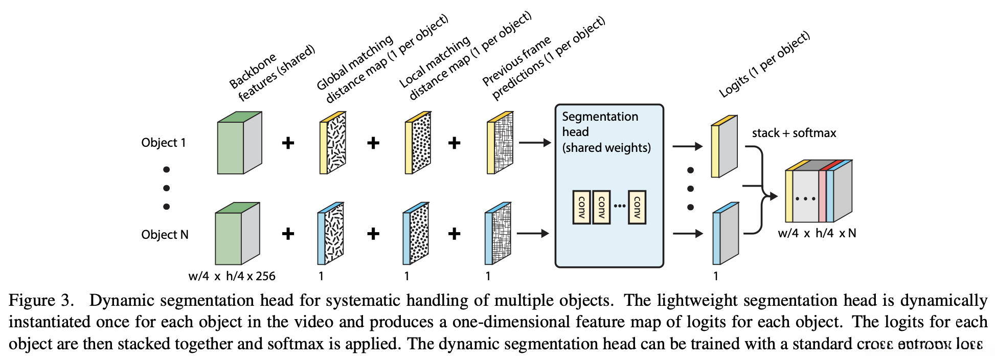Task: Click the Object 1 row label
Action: tap(163, 143)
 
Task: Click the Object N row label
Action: tap(165, 235)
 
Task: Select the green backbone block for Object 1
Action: tap(239, 144)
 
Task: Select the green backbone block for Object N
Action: tap(237, 234)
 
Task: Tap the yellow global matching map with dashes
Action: tap(333, 143)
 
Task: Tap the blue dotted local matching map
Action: tap(416, 234)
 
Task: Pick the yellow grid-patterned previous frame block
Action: tap(500, 143)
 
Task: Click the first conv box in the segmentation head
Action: tap(581, 207)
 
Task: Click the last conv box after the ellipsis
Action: tap(637, 207)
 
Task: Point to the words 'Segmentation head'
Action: tap(600, 124)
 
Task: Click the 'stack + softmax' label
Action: tap(794, 133)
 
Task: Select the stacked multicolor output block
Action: tap(818, 192)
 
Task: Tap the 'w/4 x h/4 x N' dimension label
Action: tap(817, 233)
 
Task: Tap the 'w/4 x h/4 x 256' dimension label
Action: tap(232, 276)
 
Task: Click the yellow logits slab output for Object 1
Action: tap(724, 147)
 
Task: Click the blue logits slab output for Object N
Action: tap(726, 234)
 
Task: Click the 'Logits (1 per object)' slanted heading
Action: tap(764, 64)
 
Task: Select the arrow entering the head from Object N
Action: tap(533, 234)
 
